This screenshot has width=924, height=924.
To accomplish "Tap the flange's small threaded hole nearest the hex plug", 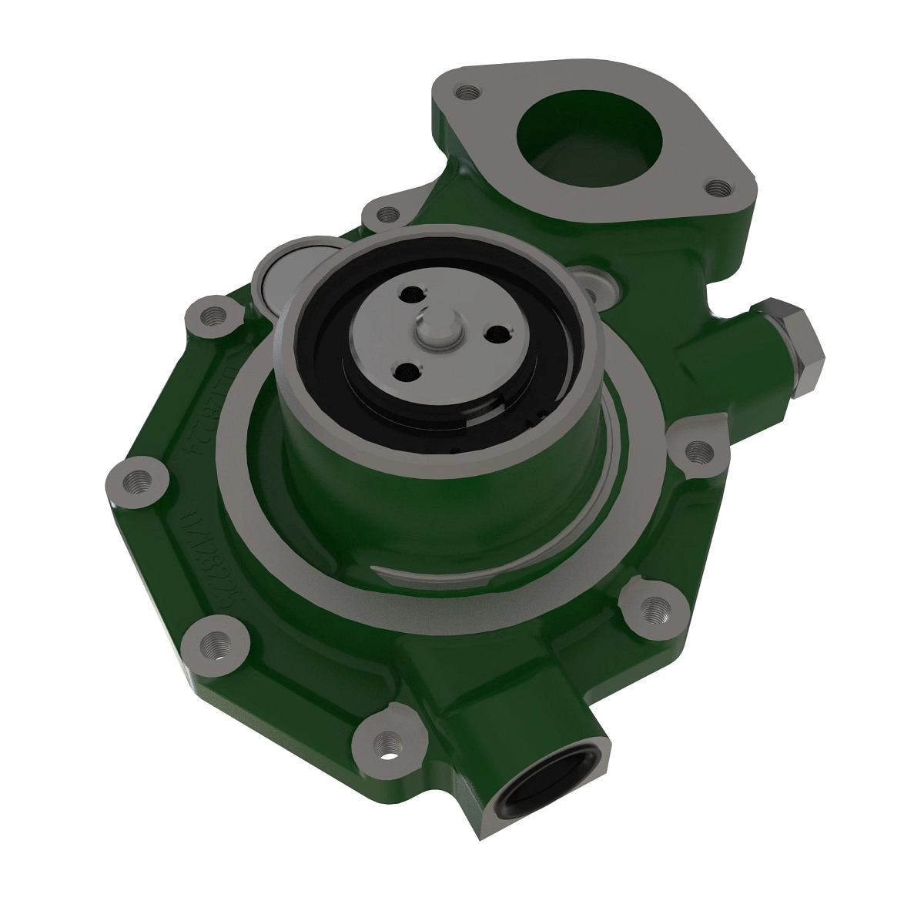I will coord(717,186).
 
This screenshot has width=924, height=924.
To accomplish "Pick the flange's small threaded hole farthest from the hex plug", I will coord(464,93).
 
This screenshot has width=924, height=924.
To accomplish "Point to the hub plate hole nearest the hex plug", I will coord(497,331).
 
